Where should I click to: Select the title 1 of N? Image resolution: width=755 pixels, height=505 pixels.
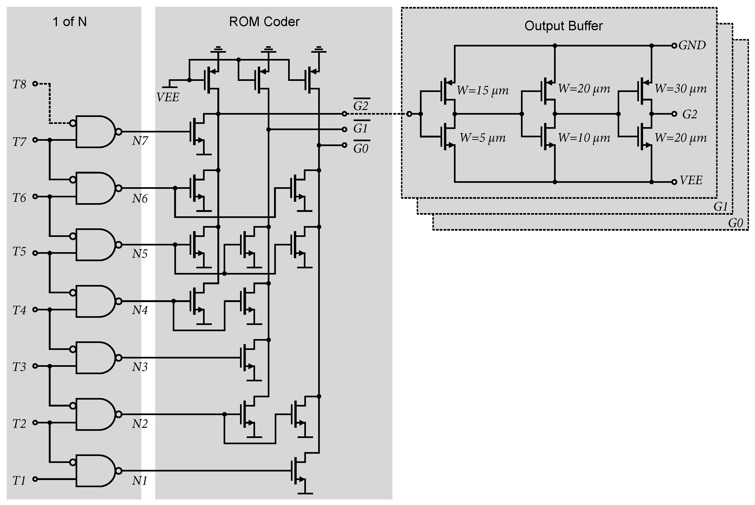(x=70, y=22)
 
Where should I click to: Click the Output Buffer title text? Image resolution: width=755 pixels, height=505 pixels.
(x=563, y=26)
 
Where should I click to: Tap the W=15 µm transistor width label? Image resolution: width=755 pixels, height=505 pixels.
(x=482, y=91)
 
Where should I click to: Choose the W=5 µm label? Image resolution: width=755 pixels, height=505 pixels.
(x=482, y=138)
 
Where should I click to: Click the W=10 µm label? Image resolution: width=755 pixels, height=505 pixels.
(x=584, y=138)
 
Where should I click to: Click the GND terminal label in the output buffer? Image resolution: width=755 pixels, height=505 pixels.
(x=692, y=45)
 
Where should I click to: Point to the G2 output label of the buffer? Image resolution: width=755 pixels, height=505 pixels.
(x=690, y=114)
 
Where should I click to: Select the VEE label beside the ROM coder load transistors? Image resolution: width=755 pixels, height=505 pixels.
(x=168, y=97)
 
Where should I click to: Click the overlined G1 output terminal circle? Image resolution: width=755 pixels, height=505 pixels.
(x=345, y=129)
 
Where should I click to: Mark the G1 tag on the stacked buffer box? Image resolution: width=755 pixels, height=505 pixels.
(x=721, y=206)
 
